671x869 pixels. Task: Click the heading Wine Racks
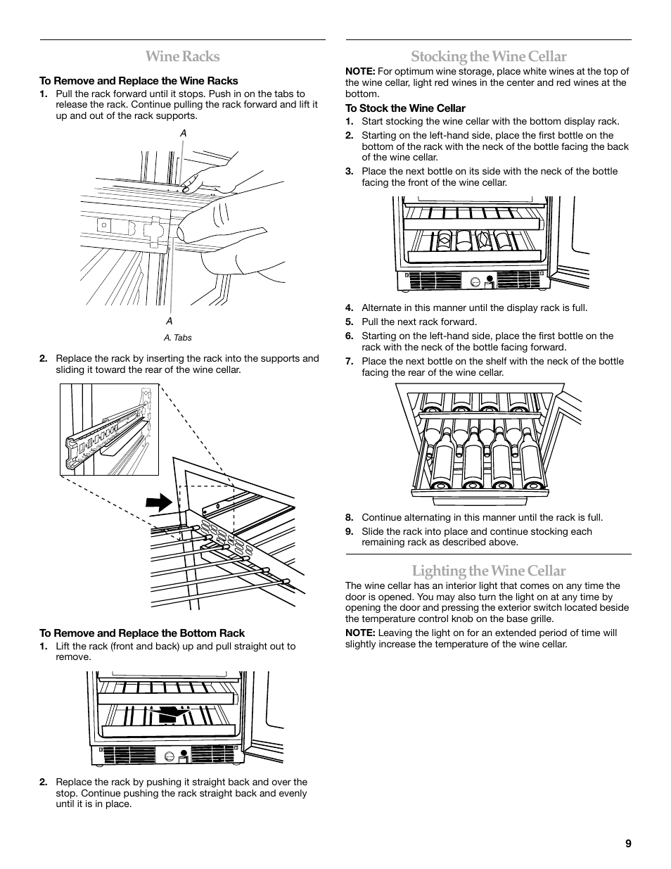(182, 56)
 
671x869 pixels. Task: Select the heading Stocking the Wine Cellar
(488, 56)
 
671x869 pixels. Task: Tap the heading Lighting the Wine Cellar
(488, 570)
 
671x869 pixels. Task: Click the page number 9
(627, 844)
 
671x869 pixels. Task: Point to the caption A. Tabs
(177, 338)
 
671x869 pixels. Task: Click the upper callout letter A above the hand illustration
(183, 133)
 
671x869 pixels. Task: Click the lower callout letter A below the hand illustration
(169, 321)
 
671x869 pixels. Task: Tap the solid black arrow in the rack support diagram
(161, 502)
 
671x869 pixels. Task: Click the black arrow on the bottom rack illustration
(174, 714)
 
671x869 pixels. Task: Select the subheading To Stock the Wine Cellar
(405, 108)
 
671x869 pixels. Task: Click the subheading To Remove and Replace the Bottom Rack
(142, 633)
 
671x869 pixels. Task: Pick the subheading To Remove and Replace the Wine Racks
(139, 81)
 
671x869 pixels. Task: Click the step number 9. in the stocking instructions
(349, 532)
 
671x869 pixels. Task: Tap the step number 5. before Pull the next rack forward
(349, 322)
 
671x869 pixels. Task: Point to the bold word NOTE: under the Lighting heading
(359, 633)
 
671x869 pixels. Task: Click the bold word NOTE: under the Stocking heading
(359, 71)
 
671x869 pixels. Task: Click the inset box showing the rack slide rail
(109, 429)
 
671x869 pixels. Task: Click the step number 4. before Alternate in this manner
(349, 308)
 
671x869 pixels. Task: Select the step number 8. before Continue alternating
(349, 518)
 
